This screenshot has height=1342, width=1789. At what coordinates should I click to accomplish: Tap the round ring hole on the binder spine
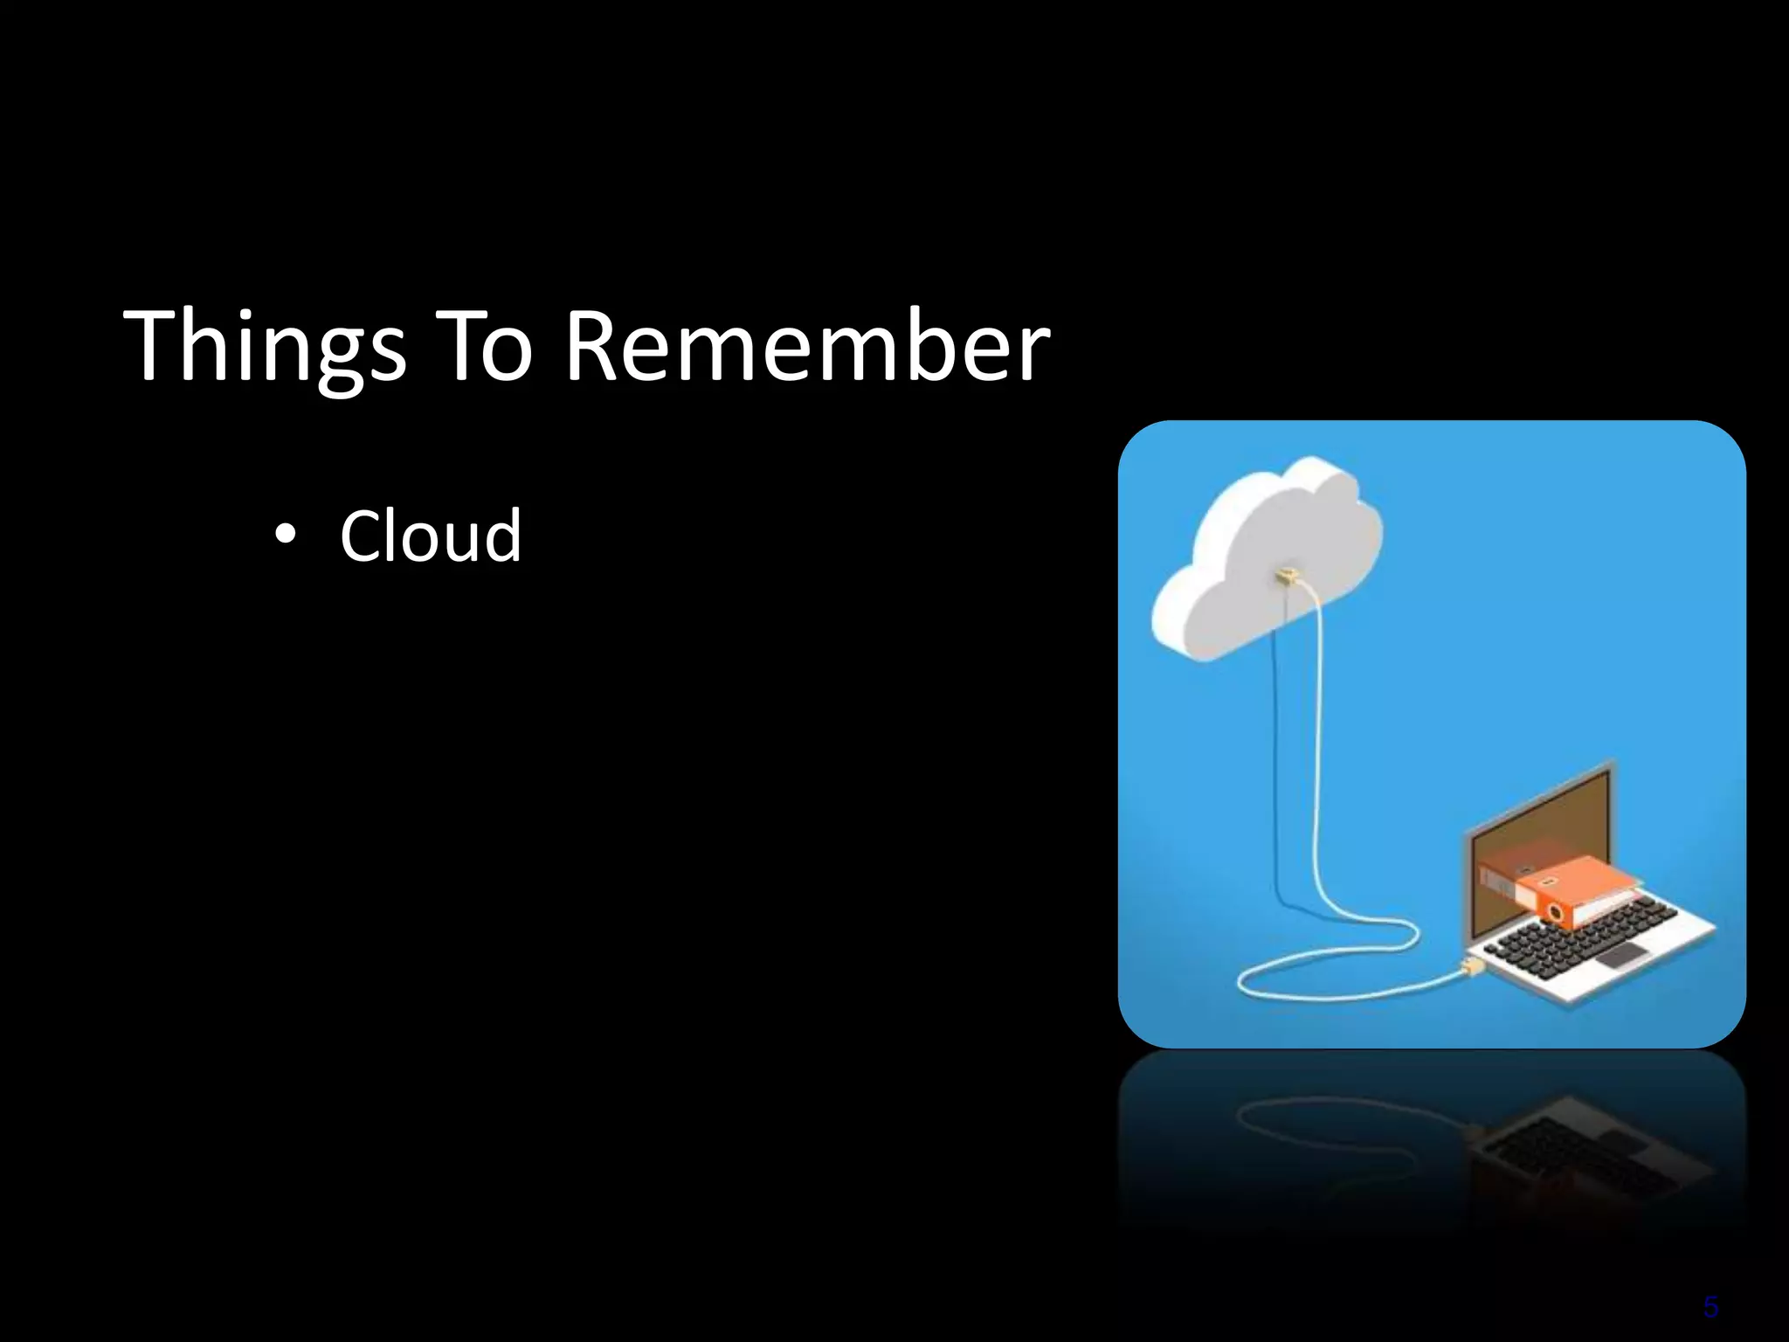[x=1554, y=912]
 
